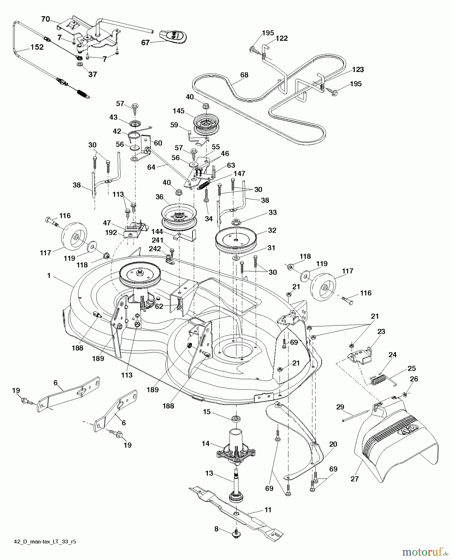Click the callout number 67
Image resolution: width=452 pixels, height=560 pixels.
tap(145, 43)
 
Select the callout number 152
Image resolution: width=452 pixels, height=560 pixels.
tap(37, 47)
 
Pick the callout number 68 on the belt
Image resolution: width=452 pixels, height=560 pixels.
tap(244, 75)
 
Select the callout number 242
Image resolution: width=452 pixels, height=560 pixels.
tap(155, 248)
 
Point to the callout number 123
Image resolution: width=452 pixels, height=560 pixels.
tap(358, 69)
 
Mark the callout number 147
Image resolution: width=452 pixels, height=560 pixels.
tap(240, 174)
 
